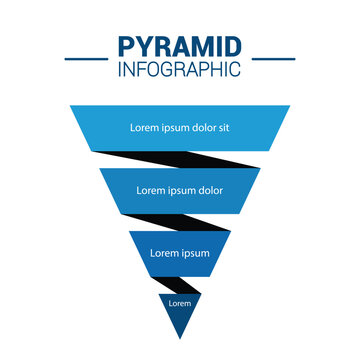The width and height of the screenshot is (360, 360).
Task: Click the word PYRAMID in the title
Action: (x=179, y=48)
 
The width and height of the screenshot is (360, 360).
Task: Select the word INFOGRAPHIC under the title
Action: (x=179, y=70)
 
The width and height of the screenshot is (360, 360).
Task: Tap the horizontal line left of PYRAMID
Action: (x=86, y=58)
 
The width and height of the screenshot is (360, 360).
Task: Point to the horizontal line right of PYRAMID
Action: (x=273, y=58)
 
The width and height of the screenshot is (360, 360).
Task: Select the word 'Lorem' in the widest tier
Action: (x=145, y=128)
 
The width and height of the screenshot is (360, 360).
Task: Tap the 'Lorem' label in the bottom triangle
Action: (x=179, y=303)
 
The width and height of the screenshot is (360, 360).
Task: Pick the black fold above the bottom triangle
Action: (x=182, y=283)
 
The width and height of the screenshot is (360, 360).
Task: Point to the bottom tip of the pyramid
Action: (x=179, y=337)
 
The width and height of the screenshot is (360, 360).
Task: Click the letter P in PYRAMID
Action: (x=125, y=48)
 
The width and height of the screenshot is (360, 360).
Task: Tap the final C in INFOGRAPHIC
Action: (x=235, y=70)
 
